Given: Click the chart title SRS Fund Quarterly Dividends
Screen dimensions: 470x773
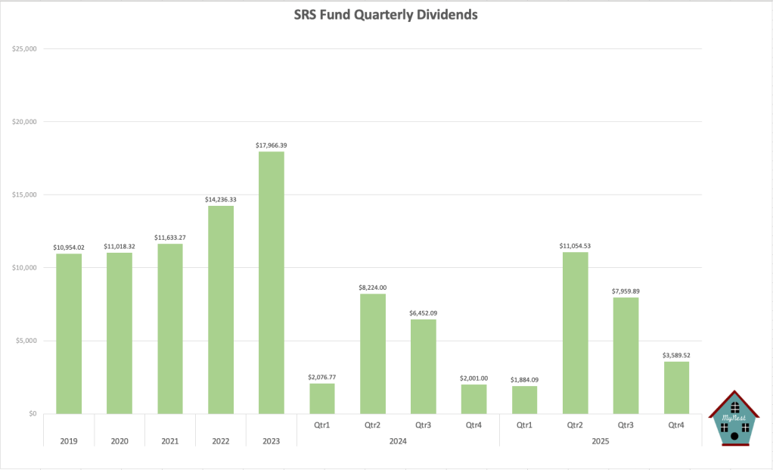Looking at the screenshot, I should [386, 14].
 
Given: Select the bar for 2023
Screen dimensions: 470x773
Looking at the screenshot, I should [272, 282].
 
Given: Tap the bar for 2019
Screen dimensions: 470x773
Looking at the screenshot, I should [69, 333].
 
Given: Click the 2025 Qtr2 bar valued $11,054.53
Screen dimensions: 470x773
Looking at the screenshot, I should [576, 333].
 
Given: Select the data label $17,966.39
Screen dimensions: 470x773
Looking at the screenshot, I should [272, 145].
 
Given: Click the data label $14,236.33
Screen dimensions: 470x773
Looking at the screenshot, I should [221, 199].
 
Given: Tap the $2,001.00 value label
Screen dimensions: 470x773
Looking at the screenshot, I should [474, 378].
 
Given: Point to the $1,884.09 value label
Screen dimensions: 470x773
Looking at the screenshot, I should [525, 379].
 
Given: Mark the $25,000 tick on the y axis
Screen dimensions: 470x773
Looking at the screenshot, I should [24, 49].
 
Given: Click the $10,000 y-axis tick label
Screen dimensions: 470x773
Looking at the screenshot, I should [24, 268].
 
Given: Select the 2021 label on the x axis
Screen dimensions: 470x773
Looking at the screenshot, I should [170, 440].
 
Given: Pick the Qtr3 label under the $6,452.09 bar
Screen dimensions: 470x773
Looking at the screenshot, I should [424, 425].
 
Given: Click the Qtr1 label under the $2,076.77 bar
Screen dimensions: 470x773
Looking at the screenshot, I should [322, 425].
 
